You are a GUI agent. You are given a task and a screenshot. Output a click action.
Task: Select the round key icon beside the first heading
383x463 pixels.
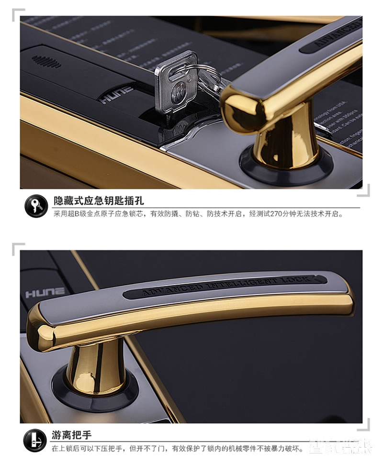35,205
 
